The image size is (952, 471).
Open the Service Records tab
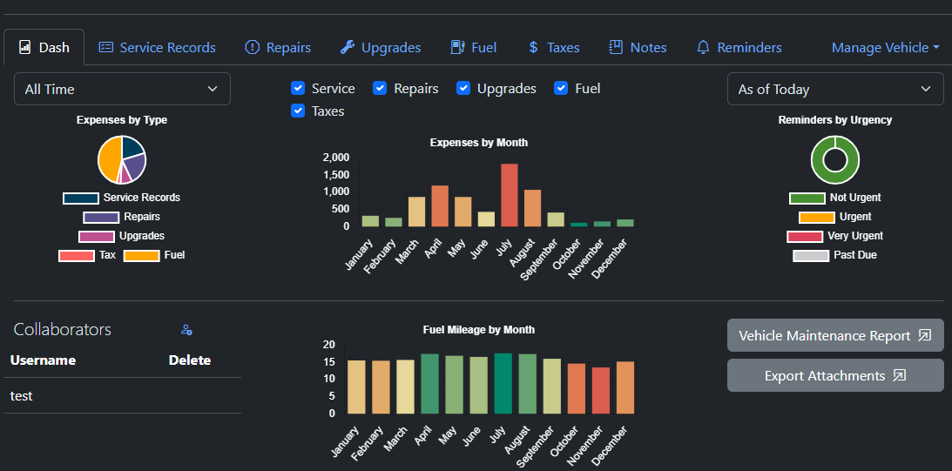tap(157, 48)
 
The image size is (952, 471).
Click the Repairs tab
tap(278, 48)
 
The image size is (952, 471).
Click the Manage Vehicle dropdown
tap(885, 48)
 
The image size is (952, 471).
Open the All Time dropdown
tap(122, 89)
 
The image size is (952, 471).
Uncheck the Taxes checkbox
tap(298, 111)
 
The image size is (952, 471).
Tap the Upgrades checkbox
tap(463, 89)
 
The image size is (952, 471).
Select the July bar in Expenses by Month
tap(510, 195)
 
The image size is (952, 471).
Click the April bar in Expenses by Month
tap(439, 205)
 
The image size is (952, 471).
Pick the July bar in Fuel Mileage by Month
tap(503, 383)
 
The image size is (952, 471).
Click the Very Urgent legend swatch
tap(805, 236)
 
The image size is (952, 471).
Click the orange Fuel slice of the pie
tap(109, 158)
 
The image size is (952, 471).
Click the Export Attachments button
tap(834, 376)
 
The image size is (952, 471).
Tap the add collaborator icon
tap(186, 330)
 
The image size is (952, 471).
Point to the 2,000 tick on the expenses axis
tap(336, 158)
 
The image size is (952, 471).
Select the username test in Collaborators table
tap(22, 396)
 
